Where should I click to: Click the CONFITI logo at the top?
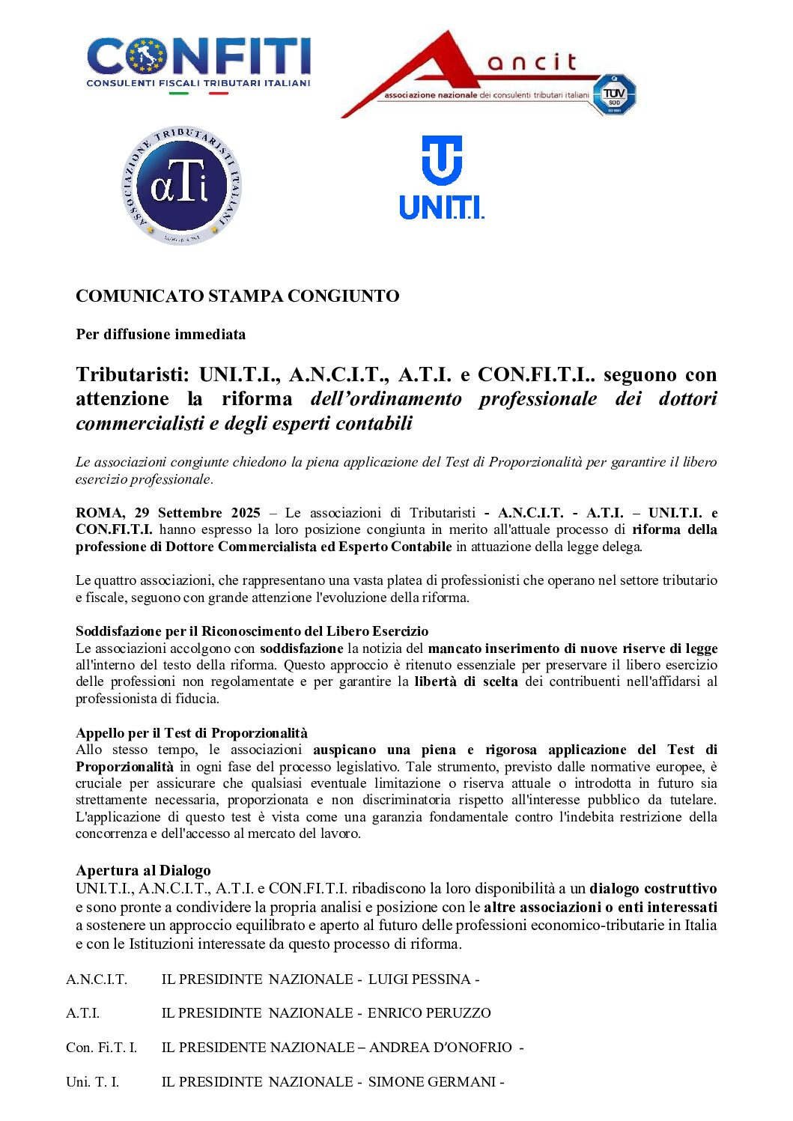(198, 64)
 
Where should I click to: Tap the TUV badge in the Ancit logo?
(614, 95)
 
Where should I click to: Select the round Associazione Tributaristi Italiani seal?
(181, 186)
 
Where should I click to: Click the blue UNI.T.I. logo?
(442, 178)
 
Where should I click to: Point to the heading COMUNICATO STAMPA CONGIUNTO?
(237, 296)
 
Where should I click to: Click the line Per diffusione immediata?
(160, 334)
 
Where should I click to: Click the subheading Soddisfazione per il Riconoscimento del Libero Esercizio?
(252, 631)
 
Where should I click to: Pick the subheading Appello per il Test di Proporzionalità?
(192, 733)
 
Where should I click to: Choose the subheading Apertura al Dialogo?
(143, 870)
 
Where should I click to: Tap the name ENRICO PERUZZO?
(429, 1013)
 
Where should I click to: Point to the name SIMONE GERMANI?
(431, 1082)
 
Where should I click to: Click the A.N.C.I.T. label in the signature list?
(97, 979)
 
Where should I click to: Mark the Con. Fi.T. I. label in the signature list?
(101, 1048)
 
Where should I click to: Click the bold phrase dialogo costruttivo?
(653, 889)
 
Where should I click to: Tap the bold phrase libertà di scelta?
(466, 681)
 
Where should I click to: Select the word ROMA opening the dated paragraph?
(100, 513)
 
